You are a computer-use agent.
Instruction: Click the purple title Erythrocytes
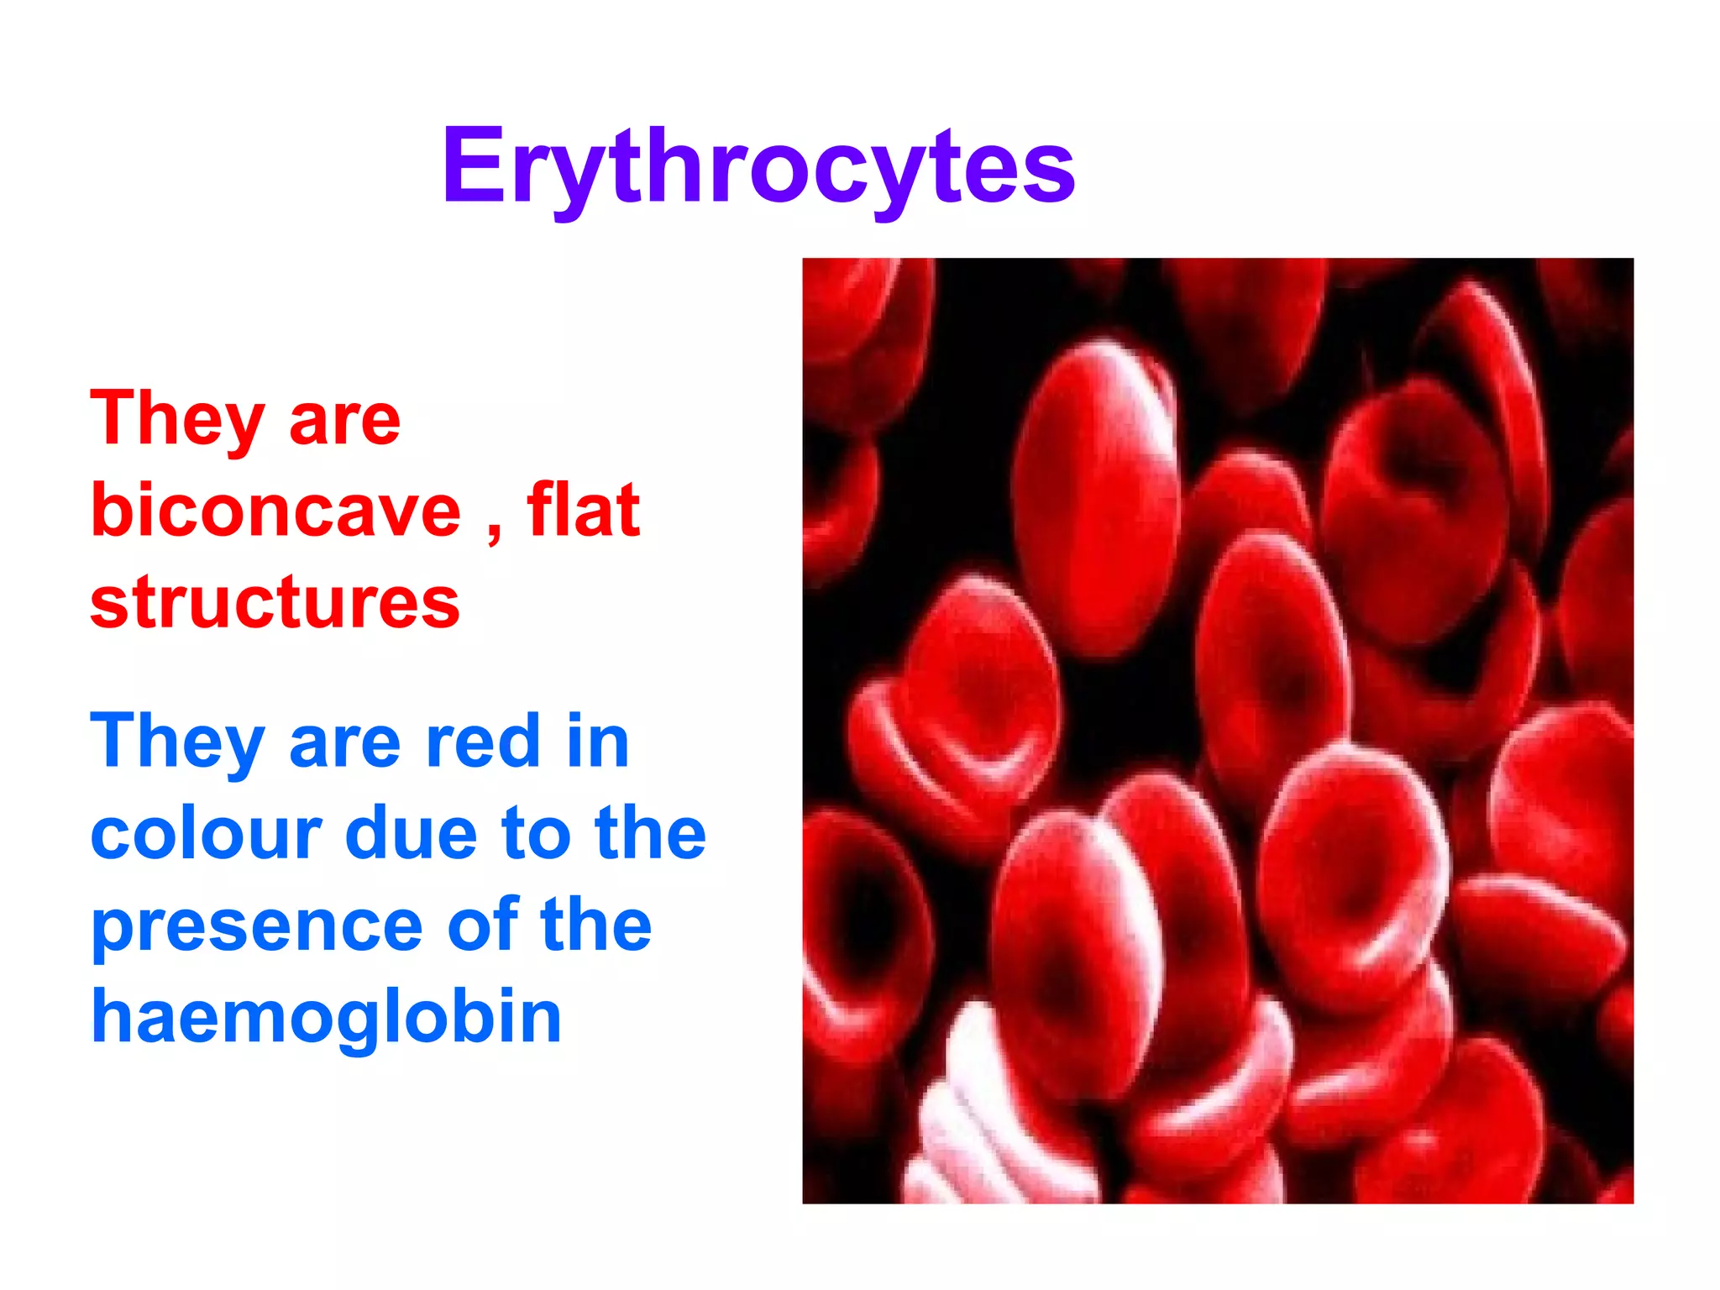click(758, 165)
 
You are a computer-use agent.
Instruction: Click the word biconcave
click(275, 510)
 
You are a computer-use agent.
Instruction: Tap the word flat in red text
click(583, 510)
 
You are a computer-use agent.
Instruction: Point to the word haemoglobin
click(326, 1016)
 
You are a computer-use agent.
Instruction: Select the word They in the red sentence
click(177, 420)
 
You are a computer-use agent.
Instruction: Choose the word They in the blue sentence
click(177, 742)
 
